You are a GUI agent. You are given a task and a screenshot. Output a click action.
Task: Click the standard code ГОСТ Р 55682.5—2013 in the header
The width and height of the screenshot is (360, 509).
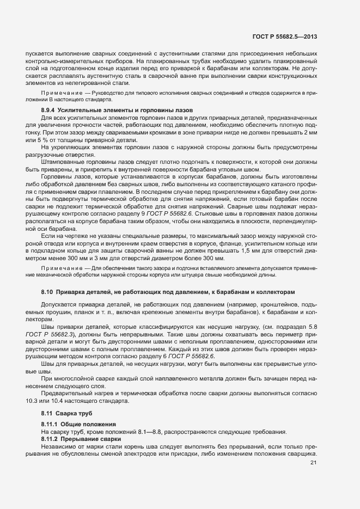pos(285,37)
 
